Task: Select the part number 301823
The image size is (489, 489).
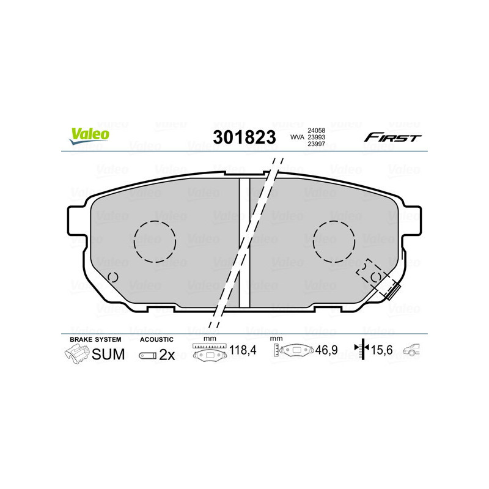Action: [244, 138]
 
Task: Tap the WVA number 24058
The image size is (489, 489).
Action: [316, 130]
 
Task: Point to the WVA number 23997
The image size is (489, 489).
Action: [316, 145]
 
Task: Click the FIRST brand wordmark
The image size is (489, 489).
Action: [392, 138]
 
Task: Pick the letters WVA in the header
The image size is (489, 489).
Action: [296, 138]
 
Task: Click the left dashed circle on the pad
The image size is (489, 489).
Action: [155, 240]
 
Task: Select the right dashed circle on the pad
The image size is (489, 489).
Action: [334, 240]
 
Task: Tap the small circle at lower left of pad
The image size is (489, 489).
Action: [112, 277]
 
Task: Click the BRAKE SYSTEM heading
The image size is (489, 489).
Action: [95, 339]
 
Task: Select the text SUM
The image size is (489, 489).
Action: [108, 354]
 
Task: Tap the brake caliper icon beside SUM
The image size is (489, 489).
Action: [76, 354]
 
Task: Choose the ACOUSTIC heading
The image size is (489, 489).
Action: [156, 339]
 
